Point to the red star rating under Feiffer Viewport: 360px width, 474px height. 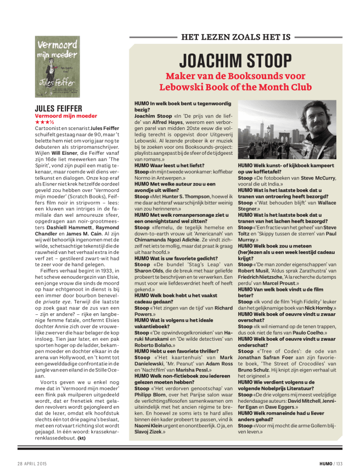43,122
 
